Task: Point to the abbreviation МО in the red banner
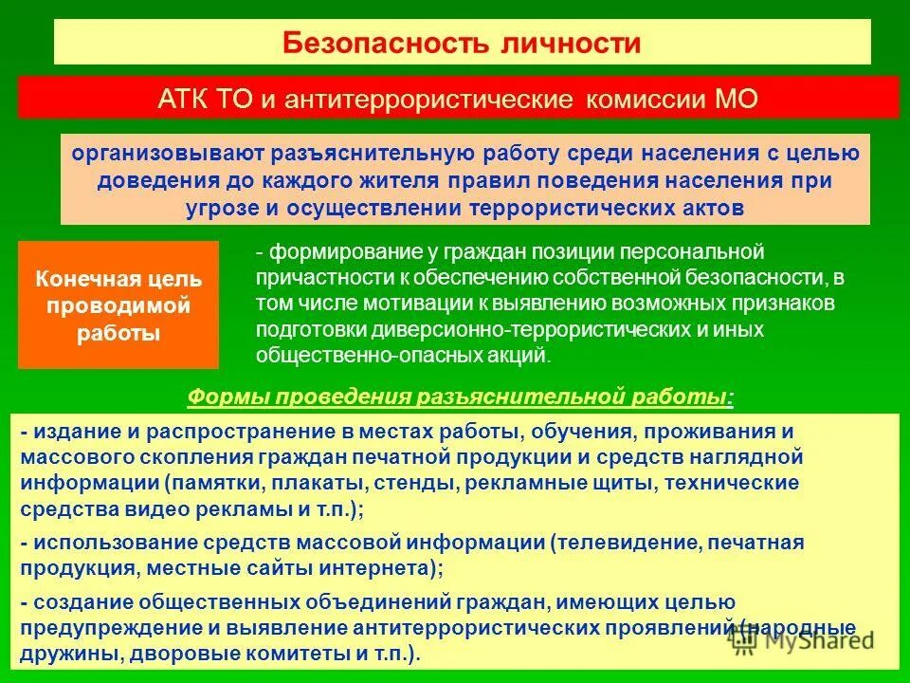pos(735,99)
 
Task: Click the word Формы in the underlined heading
pos(219,397)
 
